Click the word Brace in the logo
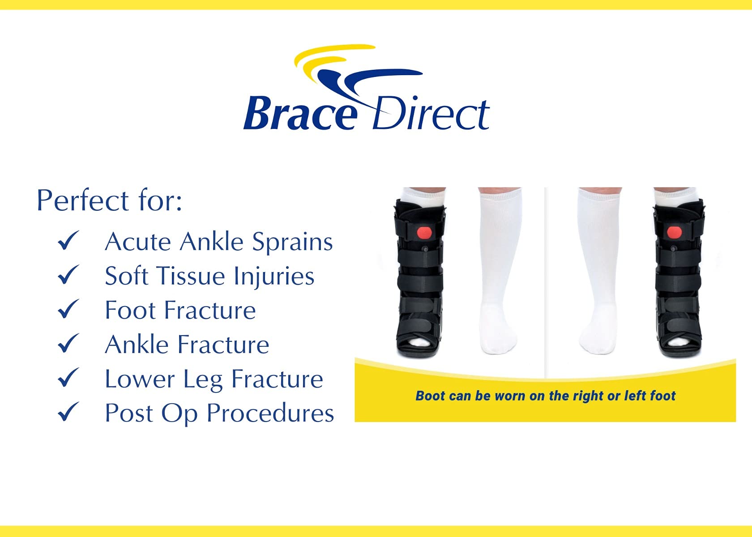[299, 114]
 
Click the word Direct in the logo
[431, 114]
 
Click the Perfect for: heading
[109, 200]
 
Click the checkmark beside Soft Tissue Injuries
[68, 275]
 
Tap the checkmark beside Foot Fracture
[68, 309]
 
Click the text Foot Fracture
[180, 310]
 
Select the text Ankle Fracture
[187, 345]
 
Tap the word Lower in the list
[139, 379]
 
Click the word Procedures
[270, 413]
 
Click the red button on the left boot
[424, 233]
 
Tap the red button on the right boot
[674, 232]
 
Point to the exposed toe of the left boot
[419, 343]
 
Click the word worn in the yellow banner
[510, 396]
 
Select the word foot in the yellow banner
[662, 396]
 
